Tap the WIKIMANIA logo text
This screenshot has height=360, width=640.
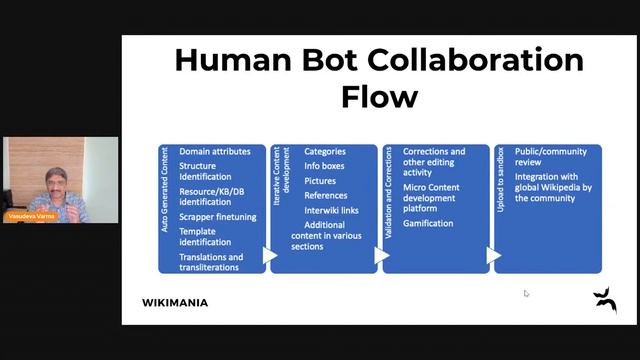176,302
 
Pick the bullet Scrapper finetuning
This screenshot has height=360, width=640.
217,216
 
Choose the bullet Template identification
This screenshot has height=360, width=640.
204,237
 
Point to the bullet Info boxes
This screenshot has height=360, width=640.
326,166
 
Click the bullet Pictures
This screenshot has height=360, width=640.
321,181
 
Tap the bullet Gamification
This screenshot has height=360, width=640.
427,223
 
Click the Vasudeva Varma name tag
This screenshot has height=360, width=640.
30,216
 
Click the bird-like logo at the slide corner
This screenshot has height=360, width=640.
604,299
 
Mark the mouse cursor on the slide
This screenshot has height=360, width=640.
526,293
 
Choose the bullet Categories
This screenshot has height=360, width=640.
325,151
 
